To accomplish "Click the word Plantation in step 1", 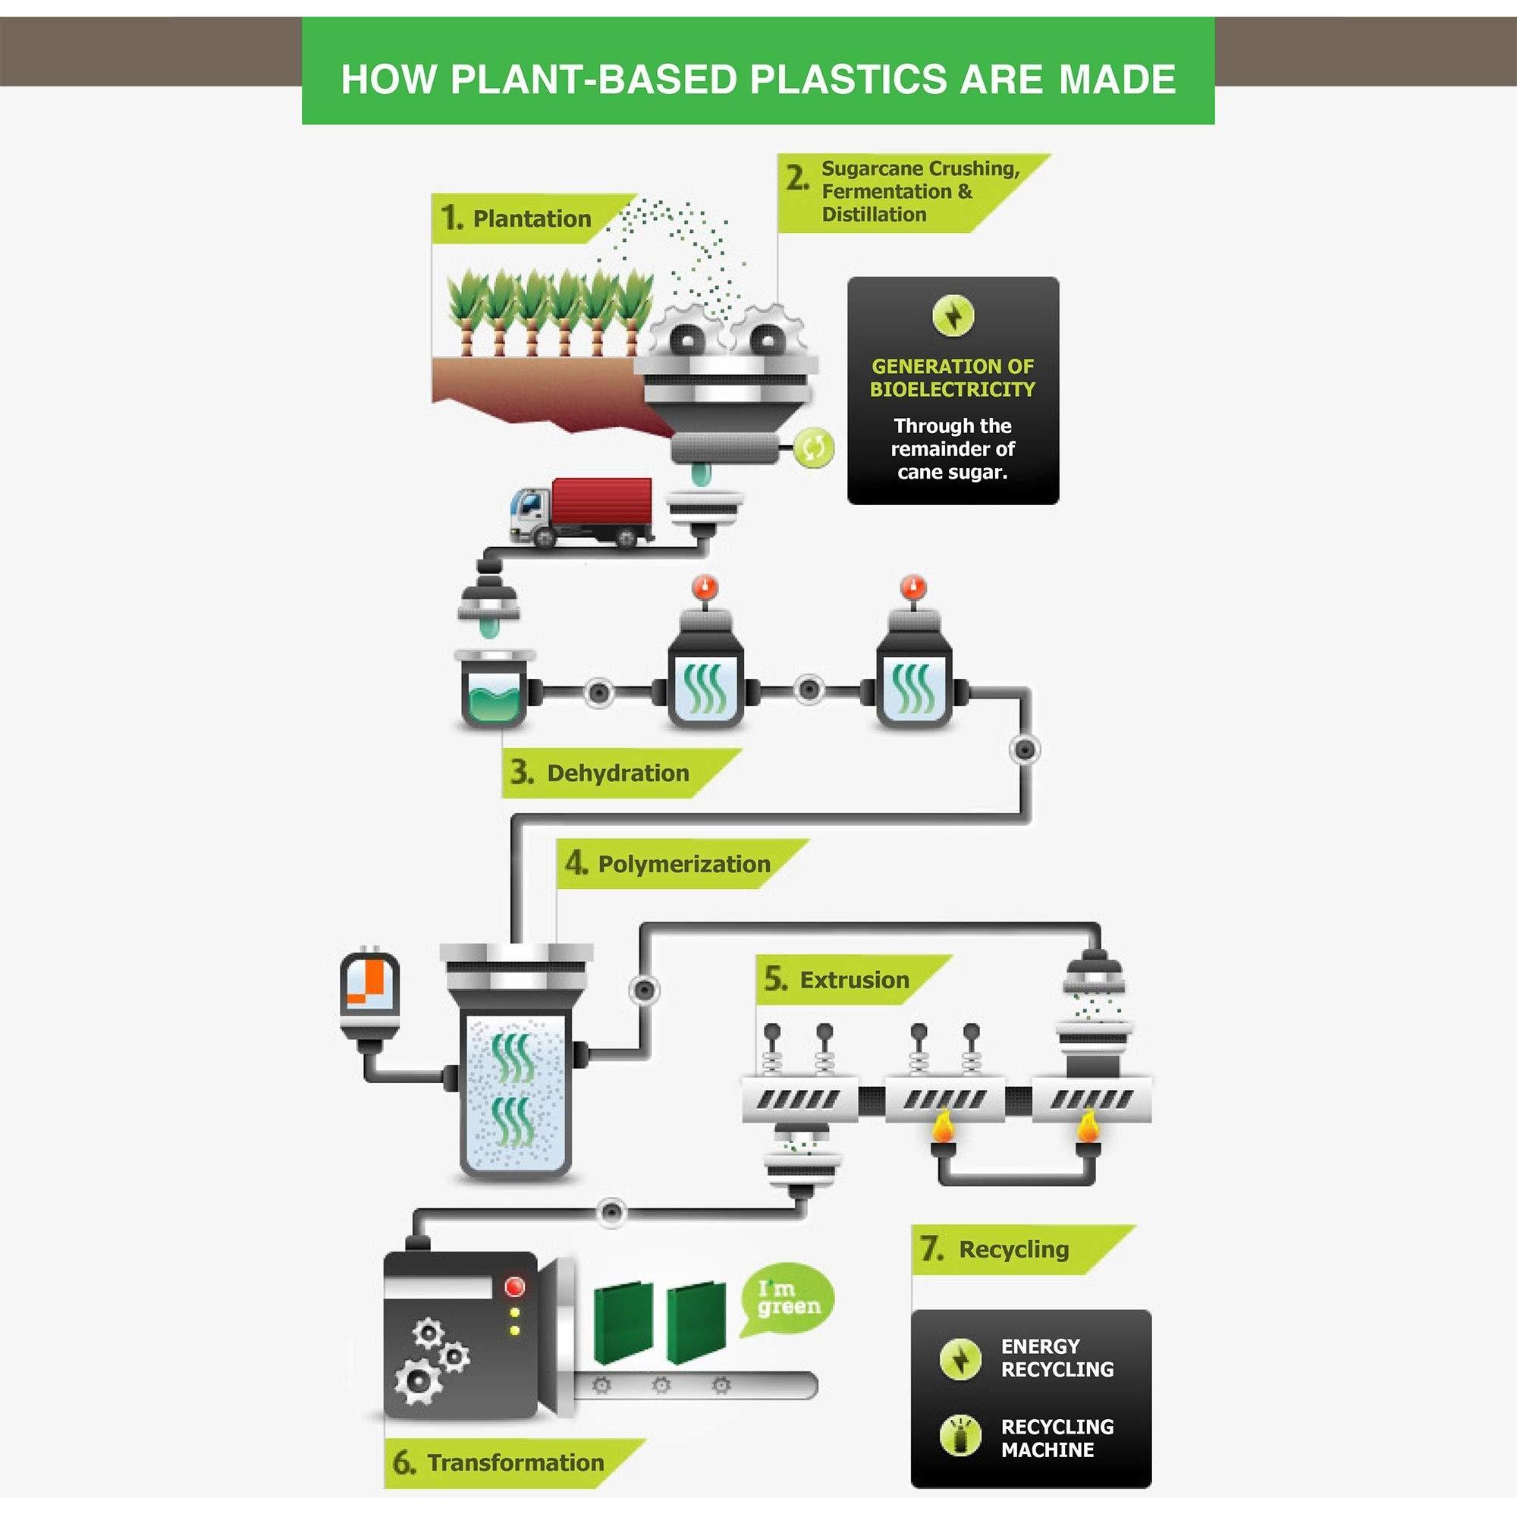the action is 532,218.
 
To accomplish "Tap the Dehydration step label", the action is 618,773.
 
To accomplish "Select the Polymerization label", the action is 684,864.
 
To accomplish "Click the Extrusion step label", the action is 854,980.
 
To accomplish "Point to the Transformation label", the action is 516,1462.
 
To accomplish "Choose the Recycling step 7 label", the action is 1013,1248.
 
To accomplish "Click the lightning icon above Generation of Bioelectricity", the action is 953,316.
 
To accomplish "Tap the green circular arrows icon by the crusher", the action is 814,448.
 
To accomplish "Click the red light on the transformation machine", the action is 515,1287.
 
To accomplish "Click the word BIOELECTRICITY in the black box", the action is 952,389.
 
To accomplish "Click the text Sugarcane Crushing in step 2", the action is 920,169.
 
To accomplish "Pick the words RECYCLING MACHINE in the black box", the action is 1057,1437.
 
